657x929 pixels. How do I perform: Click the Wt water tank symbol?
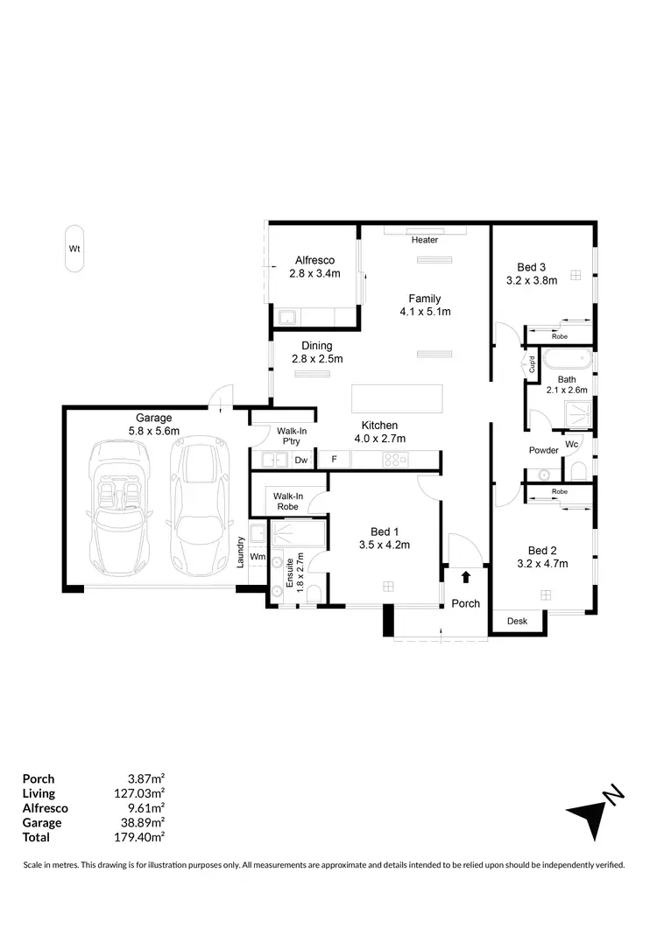click(x=74, y=249)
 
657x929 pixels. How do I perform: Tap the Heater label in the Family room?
click(x=425, y=240)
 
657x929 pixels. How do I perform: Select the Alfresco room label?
click(x=314, y=260)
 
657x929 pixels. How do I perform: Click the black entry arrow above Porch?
click(x=465, y=576)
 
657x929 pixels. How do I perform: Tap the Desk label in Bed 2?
click(x=518, y=622)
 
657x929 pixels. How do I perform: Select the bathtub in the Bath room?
click(x=568, y=360)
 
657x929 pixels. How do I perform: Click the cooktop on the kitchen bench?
click(x=393, y=460)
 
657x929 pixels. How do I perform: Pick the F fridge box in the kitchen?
click(x=334, y=460)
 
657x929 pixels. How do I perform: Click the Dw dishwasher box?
click(x=300, y=460)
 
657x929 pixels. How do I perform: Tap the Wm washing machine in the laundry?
click(x=258, y=556)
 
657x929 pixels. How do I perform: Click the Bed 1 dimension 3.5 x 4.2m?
click(x=385, y=545)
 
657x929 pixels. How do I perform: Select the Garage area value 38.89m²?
click(x=145, y=823)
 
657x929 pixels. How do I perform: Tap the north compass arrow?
click(x=589, y=816)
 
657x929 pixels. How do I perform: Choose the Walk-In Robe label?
click(x=288, y=501)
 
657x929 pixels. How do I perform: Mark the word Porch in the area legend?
click(x=38, y=778)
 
